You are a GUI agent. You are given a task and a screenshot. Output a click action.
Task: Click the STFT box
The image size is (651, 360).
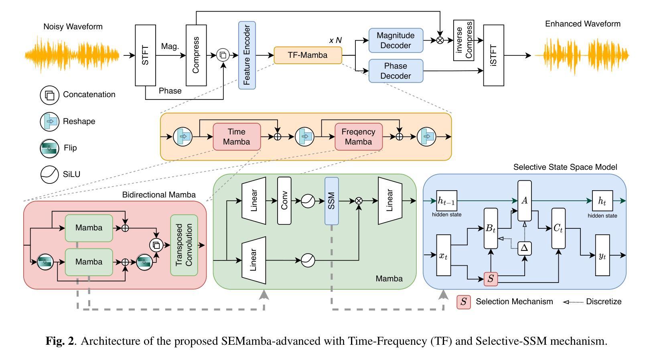(x=145, y=55)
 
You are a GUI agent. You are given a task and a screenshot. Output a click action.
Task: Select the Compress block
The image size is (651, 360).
(x=196, y=55)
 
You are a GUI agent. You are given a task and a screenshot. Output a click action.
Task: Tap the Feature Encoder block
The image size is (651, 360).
(x=247, y=55)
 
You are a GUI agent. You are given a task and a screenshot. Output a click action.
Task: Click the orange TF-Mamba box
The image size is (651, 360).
(x=308, y=55)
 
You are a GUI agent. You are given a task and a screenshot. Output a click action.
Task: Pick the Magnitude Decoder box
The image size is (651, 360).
(x=395, y=41)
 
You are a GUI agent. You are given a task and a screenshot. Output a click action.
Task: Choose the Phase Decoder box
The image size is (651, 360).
(x=395, y=71)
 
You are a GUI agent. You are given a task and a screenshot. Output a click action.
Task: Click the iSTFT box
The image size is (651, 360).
(x=493, y=55)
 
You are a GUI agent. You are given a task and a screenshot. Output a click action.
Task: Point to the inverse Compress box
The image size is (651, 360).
(x=464, y=41)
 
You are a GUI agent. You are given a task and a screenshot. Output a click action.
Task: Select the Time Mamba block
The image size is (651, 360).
(x=237, y=137)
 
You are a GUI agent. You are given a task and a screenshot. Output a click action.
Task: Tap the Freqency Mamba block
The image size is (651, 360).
(x=359, y=137)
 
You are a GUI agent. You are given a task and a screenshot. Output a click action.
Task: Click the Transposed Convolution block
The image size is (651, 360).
(x=184, y=245)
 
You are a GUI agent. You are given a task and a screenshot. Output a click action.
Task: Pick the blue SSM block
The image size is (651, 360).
(x=332, y=201)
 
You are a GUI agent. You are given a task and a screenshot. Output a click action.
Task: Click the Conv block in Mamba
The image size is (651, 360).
(x=284, y=200)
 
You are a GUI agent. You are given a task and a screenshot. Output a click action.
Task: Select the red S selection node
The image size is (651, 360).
(x=491, y=279)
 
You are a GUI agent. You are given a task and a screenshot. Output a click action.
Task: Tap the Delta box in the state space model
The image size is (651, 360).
(x=524, y=248)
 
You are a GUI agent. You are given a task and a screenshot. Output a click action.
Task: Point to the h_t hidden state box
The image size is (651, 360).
(x=602, y=201)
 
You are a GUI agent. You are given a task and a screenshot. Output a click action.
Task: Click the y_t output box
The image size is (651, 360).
(x=602, y=256)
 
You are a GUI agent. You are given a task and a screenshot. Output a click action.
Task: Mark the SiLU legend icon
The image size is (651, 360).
(x=49, y=175)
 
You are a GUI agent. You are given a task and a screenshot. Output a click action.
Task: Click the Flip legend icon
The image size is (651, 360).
(x=49, y=148)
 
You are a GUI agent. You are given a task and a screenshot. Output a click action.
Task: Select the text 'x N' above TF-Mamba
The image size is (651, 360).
(x=335, y=40)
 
